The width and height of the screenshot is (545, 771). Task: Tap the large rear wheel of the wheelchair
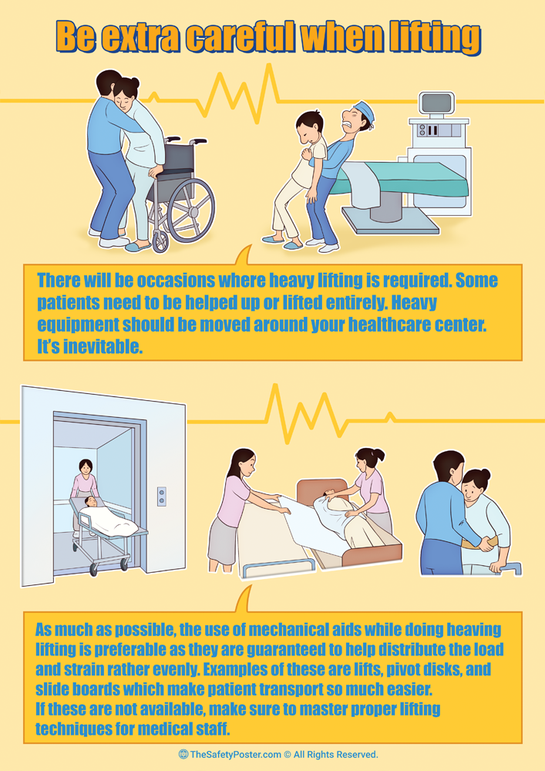[x=190, y=210]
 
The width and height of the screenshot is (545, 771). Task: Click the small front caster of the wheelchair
[x=160, y=242]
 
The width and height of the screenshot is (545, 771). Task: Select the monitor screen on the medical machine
[x=436, y=104]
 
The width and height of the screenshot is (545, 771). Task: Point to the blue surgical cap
[x=364, y=111]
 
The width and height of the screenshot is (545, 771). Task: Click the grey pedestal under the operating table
[x=386, y=206]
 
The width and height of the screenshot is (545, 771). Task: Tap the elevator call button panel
[x=161, y=496]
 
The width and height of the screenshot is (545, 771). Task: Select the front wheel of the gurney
[x=94, y=569]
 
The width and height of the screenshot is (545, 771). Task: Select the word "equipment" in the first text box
[x=78, y=325]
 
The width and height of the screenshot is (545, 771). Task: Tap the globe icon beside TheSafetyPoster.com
[x=183, y=754]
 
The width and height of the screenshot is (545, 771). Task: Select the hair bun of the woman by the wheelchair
[x=133, y=82]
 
